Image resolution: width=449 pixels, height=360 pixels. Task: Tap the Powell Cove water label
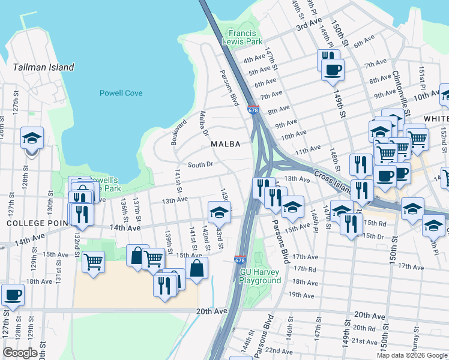(121, 93)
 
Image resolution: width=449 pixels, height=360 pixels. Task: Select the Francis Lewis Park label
(244, 38)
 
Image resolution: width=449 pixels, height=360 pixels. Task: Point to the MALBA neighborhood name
(225, 144)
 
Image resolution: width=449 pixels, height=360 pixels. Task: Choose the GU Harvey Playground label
(261, 276)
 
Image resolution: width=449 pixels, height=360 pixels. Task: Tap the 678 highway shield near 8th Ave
(253, 110)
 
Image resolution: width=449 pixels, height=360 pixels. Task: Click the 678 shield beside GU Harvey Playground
(239, 260)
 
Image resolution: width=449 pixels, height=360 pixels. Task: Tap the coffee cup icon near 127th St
(13, 295)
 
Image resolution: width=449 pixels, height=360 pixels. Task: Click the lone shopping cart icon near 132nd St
(93, 262)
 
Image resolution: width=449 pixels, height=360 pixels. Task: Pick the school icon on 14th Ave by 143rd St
(219, 212)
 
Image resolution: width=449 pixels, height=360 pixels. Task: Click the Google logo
(20, 353)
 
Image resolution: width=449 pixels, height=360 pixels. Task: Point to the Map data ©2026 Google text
(411, 355)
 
